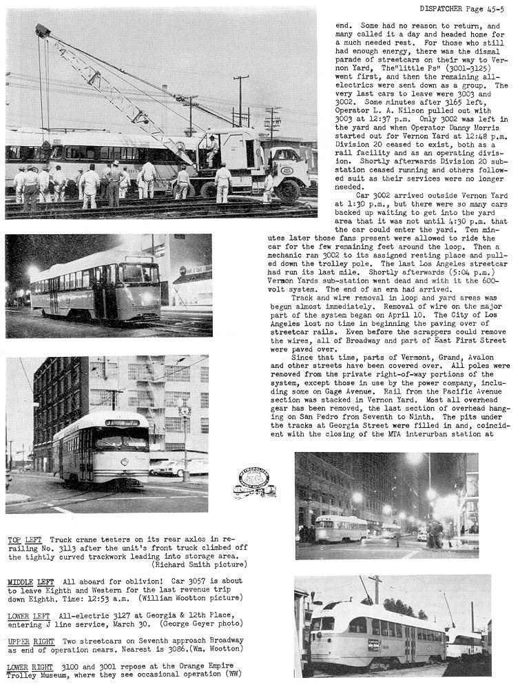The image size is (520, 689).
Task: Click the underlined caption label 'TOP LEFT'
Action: click(x=24, y=539)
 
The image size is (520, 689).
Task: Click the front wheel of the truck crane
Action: click(x=289, y=190)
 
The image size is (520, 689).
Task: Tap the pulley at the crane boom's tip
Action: click(x=43, y=31)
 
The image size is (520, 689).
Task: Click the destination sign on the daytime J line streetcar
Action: click(x=122, y=423)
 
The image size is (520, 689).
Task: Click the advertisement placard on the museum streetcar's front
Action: click(x=374, y=644)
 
